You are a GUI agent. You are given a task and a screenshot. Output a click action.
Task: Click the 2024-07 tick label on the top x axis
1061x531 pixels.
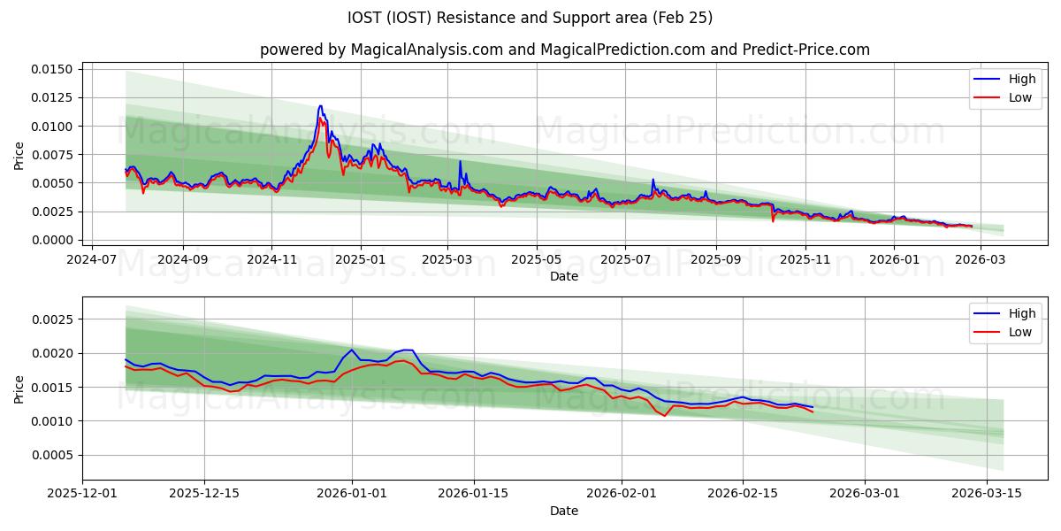tap(93, 260)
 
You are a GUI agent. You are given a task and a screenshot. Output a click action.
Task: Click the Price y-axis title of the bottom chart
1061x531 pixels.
tap(19, 389)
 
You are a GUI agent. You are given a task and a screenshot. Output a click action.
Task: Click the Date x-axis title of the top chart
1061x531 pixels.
tap(564, 276)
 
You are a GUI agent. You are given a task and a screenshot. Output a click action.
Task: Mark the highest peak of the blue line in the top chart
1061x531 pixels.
tap(320, 105)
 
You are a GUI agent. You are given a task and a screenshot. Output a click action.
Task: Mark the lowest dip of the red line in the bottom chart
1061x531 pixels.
tap(665, 416)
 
